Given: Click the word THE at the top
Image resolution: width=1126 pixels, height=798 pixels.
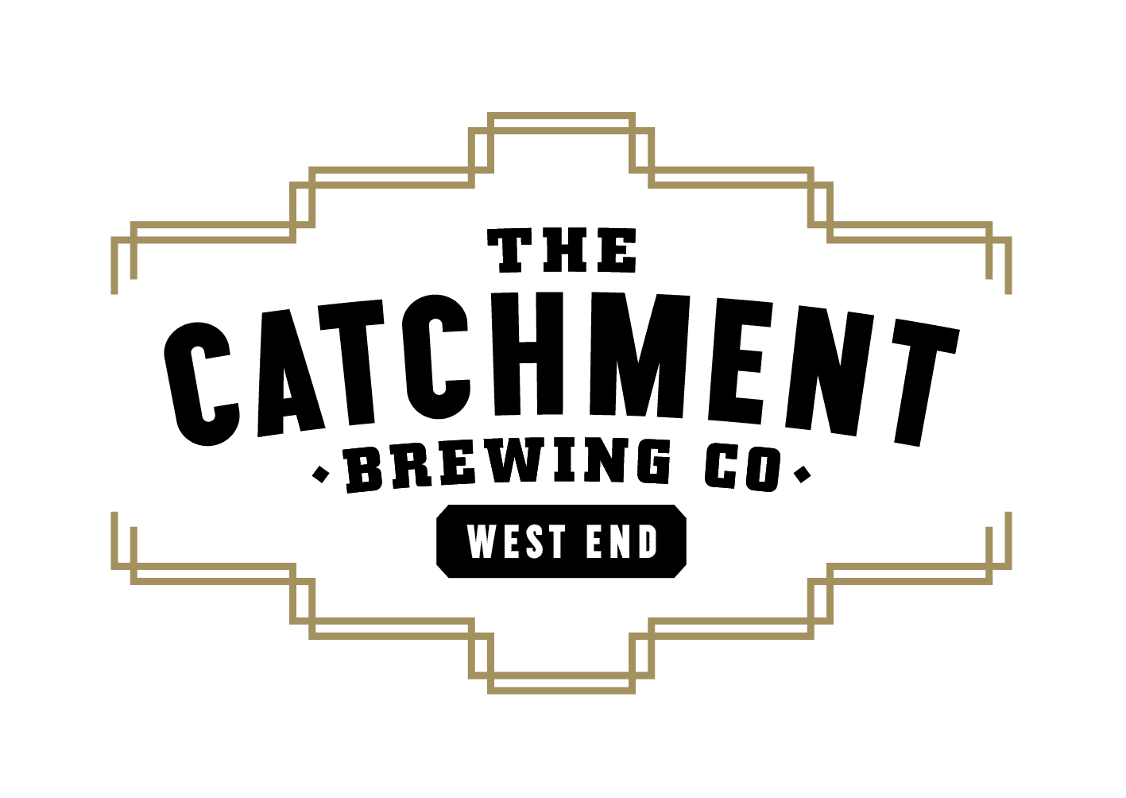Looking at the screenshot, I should click(563, 250).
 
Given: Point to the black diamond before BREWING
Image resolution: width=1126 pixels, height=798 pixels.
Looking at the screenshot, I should click(321, 475).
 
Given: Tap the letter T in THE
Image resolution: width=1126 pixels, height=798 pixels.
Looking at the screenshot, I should click(512, 250).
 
